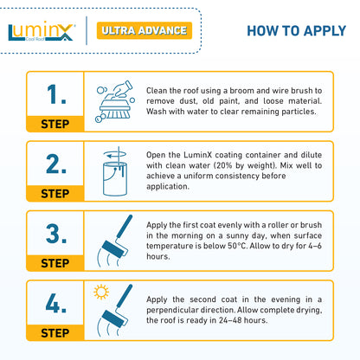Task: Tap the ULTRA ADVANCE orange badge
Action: click(144, 31)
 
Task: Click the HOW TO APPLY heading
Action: click(298, 32)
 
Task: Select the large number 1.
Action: click(56, 94)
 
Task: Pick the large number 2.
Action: click(56, 164)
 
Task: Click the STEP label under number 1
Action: click(55, 123)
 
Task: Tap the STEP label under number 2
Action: click(55, 192)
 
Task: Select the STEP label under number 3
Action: click(55, 261)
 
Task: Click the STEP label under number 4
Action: click(55, 331)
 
